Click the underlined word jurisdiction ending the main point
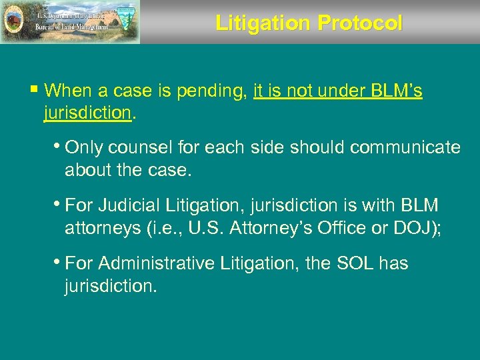tap(87, 114)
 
